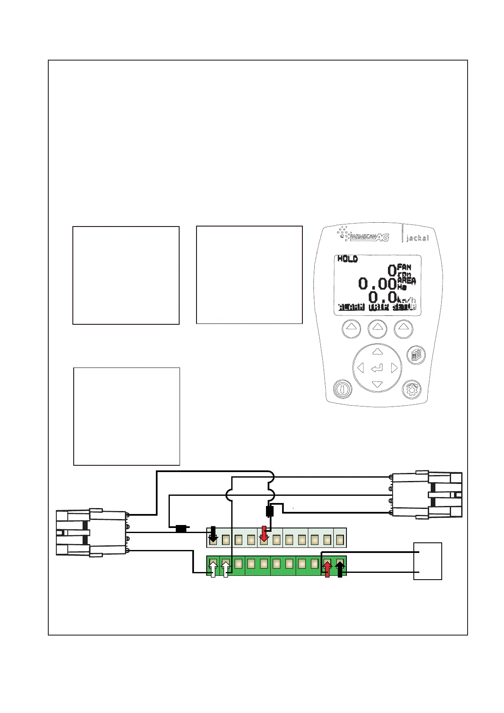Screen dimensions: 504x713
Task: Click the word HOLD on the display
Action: (x=347, y=259)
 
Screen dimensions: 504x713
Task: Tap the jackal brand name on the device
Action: (x=417, y=238)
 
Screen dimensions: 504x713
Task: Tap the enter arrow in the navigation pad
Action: (x=377, y=368)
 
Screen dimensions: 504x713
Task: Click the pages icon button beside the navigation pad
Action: (x=416, y=355)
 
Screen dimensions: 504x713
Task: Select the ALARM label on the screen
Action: (x=351, y=307)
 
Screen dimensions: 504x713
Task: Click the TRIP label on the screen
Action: (x=378, y=307)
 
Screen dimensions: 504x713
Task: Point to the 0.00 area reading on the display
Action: (x=377, y=283)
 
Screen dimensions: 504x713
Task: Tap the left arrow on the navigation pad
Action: (x=360, y=368)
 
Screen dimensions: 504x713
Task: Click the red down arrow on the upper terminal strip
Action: (x=264, y=534)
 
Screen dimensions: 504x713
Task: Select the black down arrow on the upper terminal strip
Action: (x=213, y=534)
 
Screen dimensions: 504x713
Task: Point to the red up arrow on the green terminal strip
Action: (x=327, y=569)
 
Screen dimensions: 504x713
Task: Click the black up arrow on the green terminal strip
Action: (x=340, y=569)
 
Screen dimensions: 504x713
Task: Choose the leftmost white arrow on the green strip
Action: (x=213, y=569)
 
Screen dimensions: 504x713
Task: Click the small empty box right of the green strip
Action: (x=428, y=561)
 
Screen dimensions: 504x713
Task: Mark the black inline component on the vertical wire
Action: (x=269, y=511)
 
